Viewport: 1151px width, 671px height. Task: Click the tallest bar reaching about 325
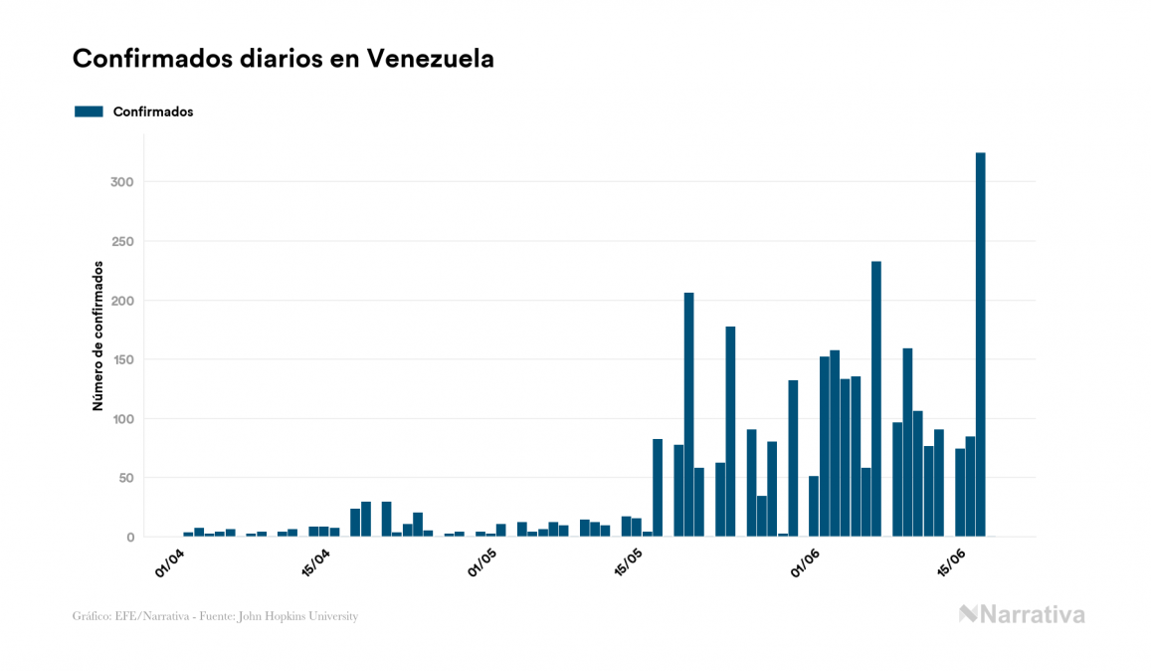click(980, 344)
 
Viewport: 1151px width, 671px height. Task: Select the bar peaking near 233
click(876, 398)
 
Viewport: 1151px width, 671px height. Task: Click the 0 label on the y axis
click(130, 538)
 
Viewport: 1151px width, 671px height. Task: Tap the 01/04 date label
click(171, 562)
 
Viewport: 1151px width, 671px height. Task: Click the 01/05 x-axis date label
click(483, 562)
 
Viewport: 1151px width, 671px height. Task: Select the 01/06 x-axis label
click(805, 562)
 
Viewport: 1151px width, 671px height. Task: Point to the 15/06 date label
click(952, 562)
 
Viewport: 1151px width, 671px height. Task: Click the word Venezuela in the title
click(430, 59)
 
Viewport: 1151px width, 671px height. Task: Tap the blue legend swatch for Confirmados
click(89, 112)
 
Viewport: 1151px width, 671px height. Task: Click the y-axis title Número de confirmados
click(97, 335)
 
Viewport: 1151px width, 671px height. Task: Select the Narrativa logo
click(1022, 614)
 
